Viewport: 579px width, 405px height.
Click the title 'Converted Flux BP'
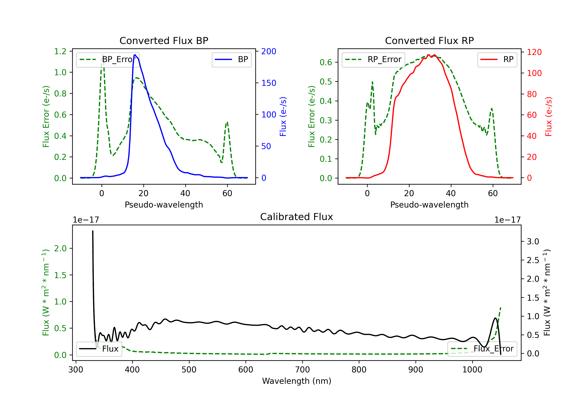coord(164,40)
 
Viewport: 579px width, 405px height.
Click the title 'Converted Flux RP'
coord(429,40)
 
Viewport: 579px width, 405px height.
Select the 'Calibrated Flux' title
coord(297,217)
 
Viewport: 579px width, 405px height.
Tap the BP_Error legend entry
coord(108,59)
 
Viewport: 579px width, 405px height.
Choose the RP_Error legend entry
coord(373,59)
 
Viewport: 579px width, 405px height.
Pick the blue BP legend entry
coord(231,59)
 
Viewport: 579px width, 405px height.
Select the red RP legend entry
coord(497,59)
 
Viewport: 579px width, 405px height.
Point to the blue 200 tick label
coord(269,51)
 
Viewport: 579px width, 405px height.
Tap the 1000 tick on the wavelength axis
coord(472,370)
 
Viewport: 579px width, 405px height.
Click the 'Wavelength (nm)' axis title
coord(297,381)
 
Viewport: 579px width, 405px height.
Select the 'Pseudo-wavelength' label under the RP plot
coord(429,205)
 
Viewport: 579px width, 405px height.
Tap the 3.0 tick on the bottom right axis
coord(533,241)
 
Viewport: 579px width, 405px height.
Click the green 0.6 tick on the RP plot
coord(326,62)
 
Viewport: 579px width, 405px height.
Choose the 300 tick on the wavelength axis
coord(76,370)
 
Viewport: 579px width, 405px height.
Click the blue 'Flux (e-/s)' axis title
coord(283,117)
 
